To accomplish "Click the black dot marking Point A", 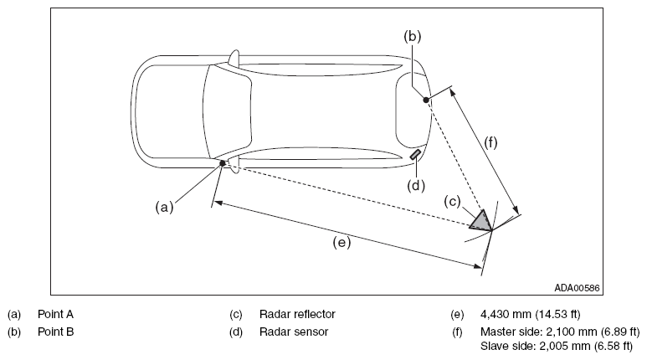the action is click(x=223, y=163).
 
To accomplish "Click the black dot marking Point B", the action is click(x=426, y=100).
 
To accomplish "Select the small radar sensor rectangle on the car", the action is click(x=415, y=154).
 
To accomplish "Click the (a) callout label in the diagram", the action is click(x=164, y=207).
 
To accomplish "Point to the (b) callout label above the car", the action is click(x=412, y=36).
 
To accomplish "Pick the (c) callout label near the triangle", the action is click(x=452, y=202).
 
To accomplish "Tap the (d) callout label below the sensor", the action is click(x=416, y=186).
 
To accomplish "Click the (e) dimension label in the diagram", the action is click(x=341, y=242).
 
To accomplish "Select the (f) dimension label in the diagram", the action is click(x=490, y=142).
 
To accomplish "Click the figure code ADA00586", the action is click(x=577, y=288).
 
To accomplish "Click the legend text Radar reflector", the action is click(x=297, y=314).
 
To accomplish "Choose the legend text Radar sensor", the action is click(x=294, y=332).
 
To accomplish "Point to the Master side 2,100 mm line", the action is click(x=560, y=332).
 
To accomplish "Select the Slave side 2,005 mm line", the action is click(x=557, y=346).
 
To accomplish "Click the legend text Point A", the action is click(x=56, y=314).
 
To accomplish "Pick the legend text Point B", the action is click(x=56, y=332).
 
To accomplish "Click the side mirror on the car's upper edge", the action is click(x=234, y=58).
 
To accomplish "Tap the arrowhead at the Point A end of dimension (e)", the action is click(x=218, y=203).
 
